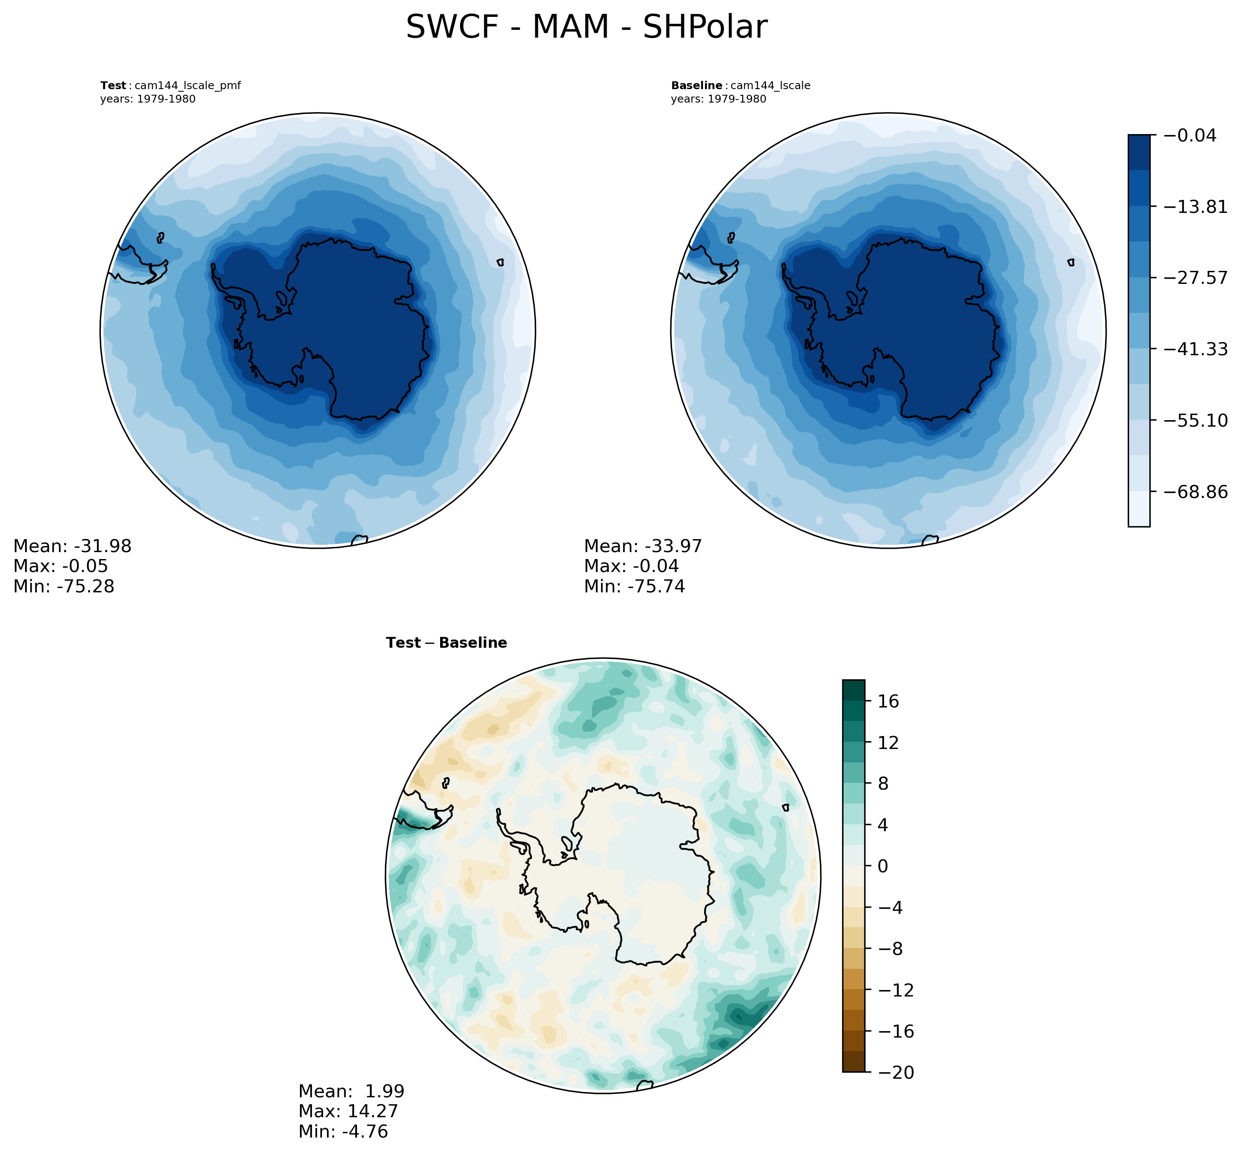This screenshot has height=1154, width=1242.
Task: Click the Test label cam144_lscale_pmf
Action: point(171,86)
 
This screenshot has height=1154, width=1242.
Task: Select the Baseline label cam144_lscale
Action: point(740,86)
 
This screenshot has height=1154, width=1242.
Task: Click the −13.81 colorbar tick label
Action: point(1192,207)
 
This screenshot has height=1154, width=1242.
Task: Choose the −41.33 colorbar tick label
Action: point(1192,349)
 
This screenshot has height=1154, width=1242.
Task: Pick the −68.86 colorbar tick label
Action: point(1192,492)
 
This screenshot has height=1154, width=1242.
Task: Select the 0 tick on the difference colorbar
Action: point(882,867)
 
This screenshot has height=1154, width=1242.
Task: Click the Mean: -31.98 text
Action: point(72,546)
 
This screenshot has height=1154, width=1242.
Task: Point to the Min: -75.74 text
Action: point(634,586)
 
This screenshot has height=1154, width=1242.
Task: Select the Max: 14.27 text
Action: point(348,1112)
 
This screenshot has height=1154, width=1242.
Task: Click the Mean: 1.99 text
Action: point(351,1092)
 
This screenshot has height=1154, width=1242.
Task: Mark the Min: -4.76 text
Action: point(343,1131)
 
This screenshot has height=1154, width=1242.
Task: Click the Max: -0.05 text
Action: point(61,566)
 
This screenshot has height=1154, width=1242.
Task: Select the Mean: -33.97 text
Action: point(643,546)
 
